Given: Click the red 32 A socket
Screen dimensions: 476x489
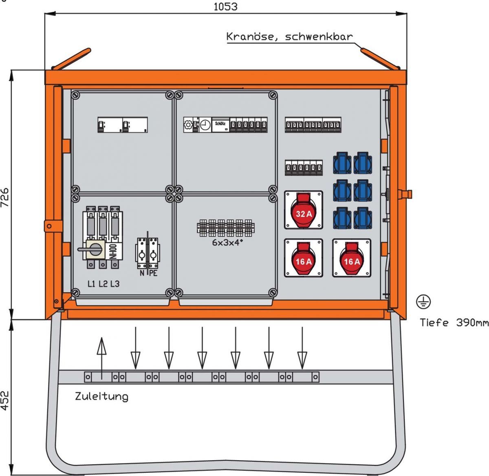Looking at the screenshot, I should [x=304, y=209].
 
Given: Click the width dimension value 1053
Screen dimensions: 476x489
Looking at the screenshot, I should [x=225, y=7].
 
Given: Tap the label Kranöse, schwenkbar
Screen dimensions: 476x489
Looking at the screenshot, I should [x=289, y=37].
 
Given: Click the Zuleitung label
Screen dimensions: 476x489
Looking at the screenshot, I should [x=101, y=396].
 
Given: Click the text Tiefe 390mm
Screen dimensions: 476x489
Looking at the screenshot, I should [x=454, y=323].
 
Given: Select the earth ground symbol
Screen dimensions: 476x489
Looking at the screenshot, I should [x=423, y=302].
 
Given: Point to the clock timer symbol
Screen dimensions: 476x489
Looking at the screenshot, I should [x=205, y=125].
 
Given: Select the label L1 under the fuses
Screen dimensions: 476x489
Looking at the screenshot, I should [x=92, y=284].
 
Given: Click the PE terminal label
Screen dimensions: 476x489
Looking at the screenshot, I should [x=153, y=273].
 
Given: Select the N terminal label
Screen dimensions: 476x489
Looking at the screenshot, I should [x=142, y=273].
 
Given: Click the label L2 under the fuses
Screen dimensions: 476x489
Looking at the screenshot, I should [x=103, y=284].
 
